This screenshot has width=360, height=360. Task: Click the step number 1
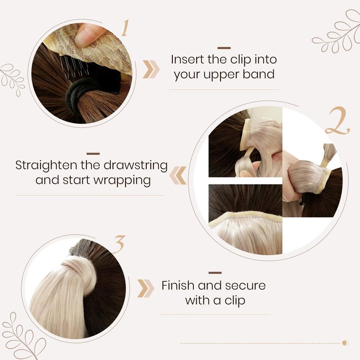point(126,28)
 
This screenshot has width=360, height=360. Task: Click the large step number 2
point(337,121)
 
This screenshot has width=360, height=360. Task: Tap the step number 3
point(119,244)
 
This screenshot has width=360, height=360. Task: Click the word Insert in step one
point(188,59)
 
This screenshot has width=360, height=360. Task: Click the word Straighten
point(46,166)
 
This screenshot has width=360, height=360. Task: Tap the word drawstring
point(136,166)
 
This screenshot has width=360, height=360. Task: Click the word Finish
point(178,285)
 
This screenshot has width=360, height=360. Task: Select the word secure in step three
point(245,286)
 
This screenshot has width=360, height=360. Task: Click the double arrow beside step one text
point(151,69)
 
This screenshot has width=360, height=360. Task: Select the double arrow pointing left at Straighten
point(178,175)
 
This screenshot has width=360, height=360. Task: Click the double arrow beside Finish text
point(145,288)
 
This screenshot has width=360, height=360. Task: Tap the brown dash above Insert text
point(224,48)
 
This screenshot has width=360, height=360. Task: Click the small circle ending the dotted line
point(345,343)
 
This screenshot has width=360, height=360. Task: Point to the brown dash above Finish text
point(215,273)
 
